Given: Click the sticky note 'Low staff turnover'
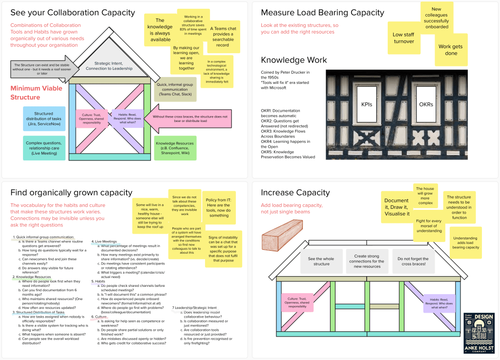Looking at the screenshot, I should [x=404, y=38].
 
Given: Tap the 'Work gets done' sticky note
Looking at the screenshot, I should [x=450, y=50].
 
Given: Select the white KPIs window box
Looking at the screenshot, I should [x=367, y=104].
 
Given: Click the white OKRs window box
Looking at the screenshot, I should [x=426, y=104].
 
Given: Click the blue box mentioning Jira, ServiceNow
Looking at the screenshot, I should [x=44, y=120].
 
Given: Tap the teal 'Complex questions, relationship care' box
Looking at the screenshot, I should [x=44, y=148].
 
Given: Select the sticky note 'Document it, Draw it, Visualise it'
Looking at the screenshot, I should [x=396, y=207].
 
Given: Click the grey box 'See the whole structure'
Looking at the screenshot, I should [x=321, y=261].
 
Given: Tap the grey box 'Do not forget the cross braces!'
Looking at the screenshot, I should [x=413, y=261].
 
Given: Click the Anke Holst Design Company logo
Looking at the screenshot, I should [x=479, y=333].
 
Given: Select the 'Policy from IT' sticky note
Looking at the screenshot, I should [x=219, y=207].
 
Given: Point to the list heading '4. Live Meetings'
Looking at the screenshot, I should [x=104, y=241].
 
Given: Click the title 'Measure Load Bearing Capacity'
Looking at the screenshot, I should [x=322, y=13].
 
